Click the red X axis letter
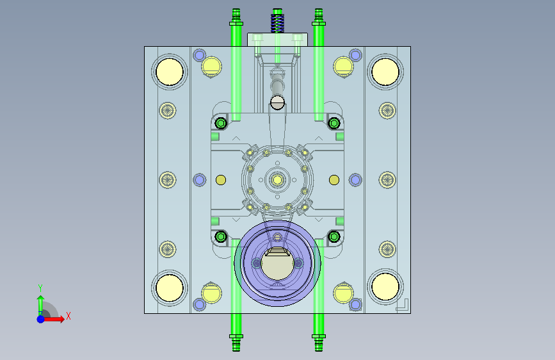[68, 316]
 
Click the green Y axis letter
[40, 288]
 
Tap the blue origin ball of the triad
[41, 319]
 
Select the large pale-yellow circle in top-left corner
[170, 72]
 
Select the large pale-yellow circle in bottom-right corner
[385, 287]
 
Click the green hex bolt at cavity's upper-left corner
[221, 123]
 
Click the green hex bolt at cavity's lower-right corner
[334, 236]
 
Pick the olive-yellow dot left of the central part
[221, 180]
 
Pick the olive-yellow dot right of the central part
[334, 180]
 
